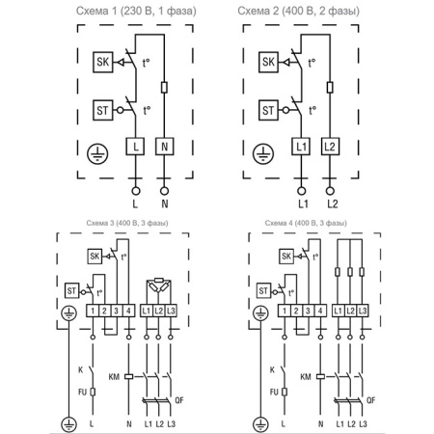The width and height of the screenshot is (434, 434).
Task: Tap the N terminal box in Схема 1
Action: point(165,146)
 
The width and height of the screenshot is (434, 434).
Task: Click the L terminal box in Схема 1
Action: point(135,146)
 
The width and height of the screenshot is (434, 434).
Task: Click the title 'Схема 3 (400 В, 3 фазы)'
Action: point(113,224)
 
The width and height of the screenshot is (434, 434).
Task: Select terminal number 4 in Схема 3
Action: point(127,310)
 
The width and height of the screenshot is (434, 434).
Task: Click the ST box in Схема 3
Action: point(71,289)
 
